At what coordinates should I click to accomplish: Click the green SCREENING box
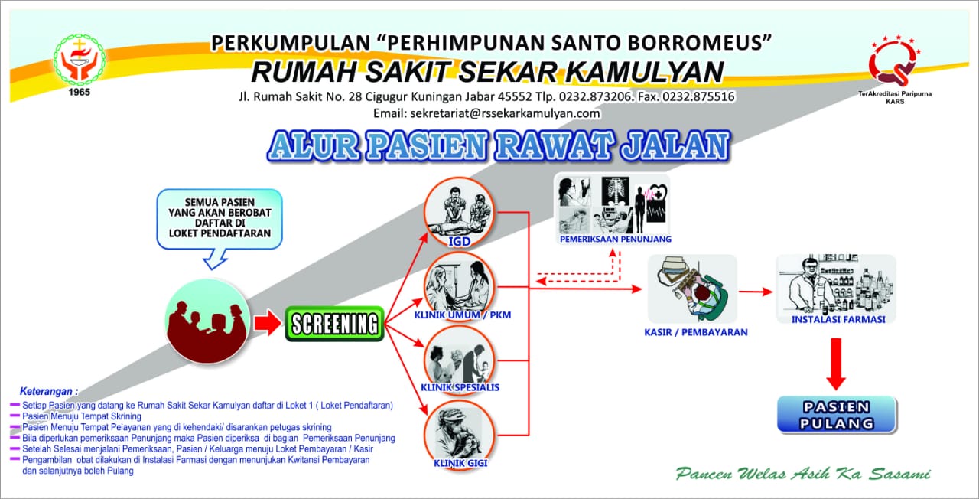(334, 324)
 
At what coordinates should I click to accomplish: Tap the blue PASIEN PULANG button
(837, 415)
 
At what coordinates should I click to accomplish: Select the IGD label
(460, 243)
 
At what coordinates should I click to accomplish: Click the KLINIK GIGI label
(460, 463)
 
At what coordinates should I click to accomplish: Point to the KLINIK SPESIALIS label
(460, 387)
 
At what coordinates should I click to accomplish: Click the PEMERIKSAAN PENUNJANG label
(615, 239)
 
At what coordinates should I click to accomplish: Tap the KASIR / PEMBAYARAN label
(695, 332)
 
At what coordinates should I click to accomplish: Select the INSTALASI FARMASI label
(838, 319)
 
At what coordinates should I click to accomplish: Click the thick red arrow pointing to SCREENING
(267, 324)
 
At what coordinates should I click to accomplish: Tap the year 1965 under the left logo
(79, 92)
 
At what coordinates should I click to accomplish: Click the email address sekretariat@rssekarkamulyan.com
(486, 113)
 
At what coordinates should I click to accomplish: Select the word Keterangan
(50, 391)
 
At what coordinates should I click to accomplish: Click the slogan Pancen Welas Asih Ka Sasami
(803, 474)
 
